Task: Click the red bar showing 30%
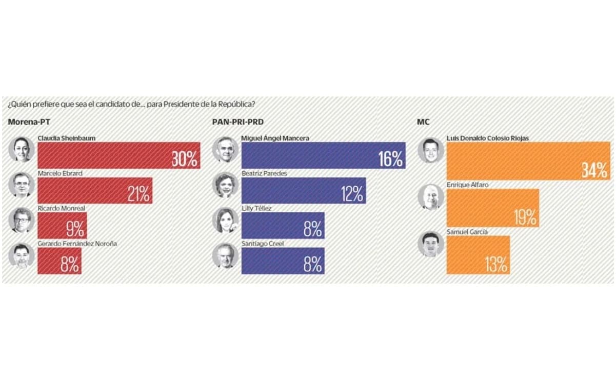pyautogui.click(x=119, y=155)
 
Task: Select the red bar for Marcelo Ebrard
pyautogui.click(x=95, y=191)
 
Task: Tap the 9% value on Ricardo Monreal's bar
pyautogui.click(x=75, y=229)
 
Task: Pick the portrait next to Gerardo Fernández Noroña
pyautogui.click(x=22, y=255)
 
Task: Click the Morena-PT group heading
pyautogui.click(x=29, y=122)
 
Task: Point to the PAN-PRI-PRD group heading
pyautogui.click(x=238, y=122)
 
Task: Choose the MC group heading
pyautogui.click(x=423, y=122)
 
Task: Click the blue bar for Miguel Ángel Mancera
pyautogui.click(x=324, y=155)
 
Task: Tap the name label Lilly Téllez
pyautogui.click(x=256, y=208)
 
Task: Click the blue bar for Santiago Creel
pyautogui.click(x=283, y=261)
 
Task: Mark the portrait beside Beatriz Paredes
pyautogui.click(x=226, y=185)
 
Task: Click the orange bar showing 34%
pyautogui.click(x=528, y=161)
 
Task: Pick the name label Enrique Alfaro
pyautogui.click(x=467, y=185)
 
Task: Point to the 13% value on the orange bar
pyautogui.click(x=496, y=265)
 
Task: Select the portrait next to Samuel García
pyautogui.click(x=431, y=244)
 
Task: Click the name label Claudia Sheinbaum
pyautogui.click(x=67, y=138)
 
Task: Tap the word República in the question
pyautogui.click(x=236, y=104)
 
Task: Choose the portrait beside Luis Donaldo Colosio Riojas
pyautogui.click(x=431, y=150)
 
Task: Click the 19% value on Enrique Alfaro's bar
pyautogui.click(x=525, y=217)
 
